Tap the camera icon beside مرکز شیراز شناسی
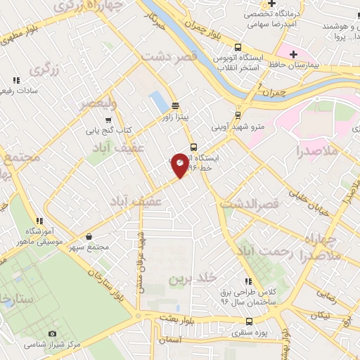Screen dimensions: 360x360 [x=52, y=333]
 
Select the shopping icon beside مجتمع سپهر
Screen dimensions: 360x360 [x=88, y=236]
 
